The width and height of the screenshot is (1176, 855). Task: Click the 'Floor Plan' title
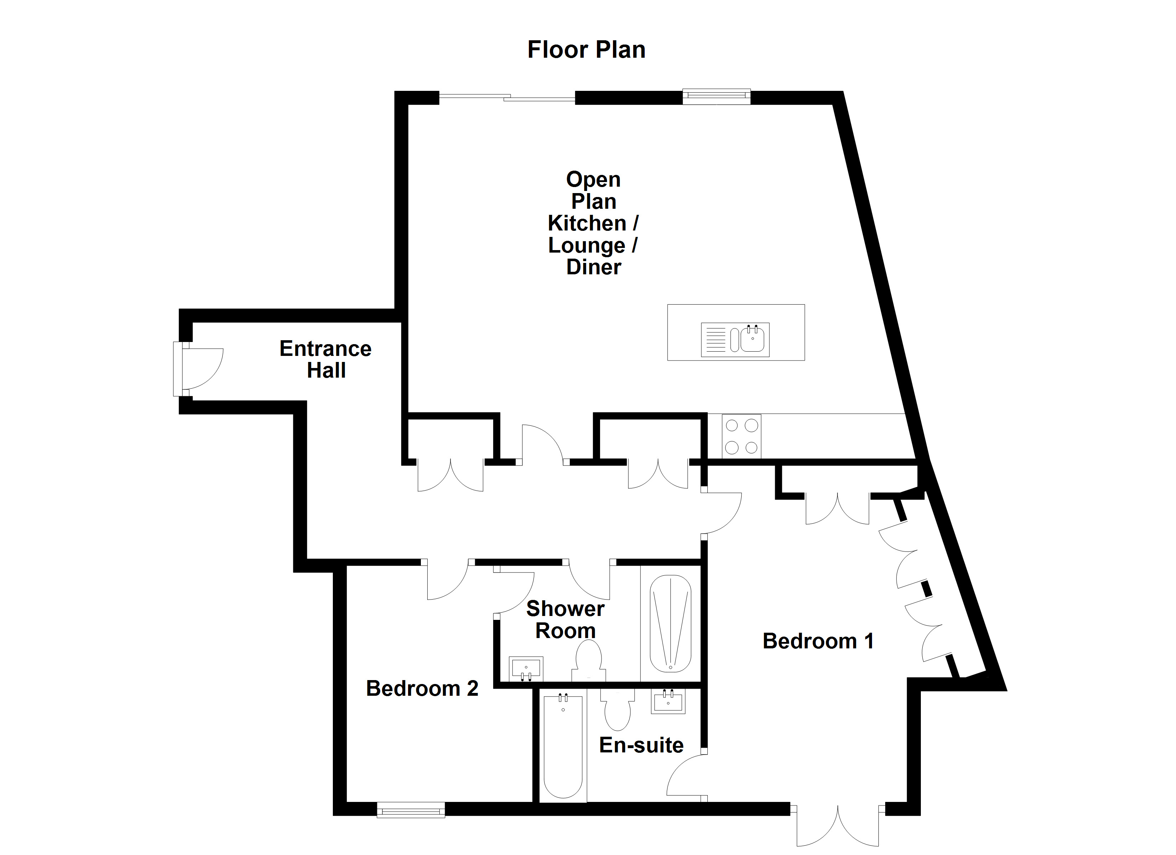point(587,50)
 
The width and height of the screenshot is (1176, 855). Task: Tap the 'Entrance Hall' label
point(326,359)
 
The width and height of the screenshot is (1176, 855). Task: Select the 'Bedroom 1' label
point(818,641)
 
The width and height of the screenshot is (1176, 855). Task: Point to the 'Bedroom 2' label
point(422,689)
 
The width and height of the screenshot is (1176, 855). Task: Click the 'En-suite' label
point(641,745)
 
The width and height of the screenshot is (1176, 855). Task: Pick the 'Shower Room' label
point(565,620)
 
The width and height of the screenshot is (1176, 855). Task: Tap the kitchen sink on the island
point(735,340)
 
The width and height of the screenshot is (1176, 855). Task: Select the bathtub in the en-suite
point(563,747)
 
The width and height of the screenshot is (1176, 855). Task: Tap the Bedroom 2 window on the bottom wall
point(411,809)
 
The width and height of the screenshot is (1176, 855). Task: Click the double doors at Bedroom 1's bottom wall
point(837,827)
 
